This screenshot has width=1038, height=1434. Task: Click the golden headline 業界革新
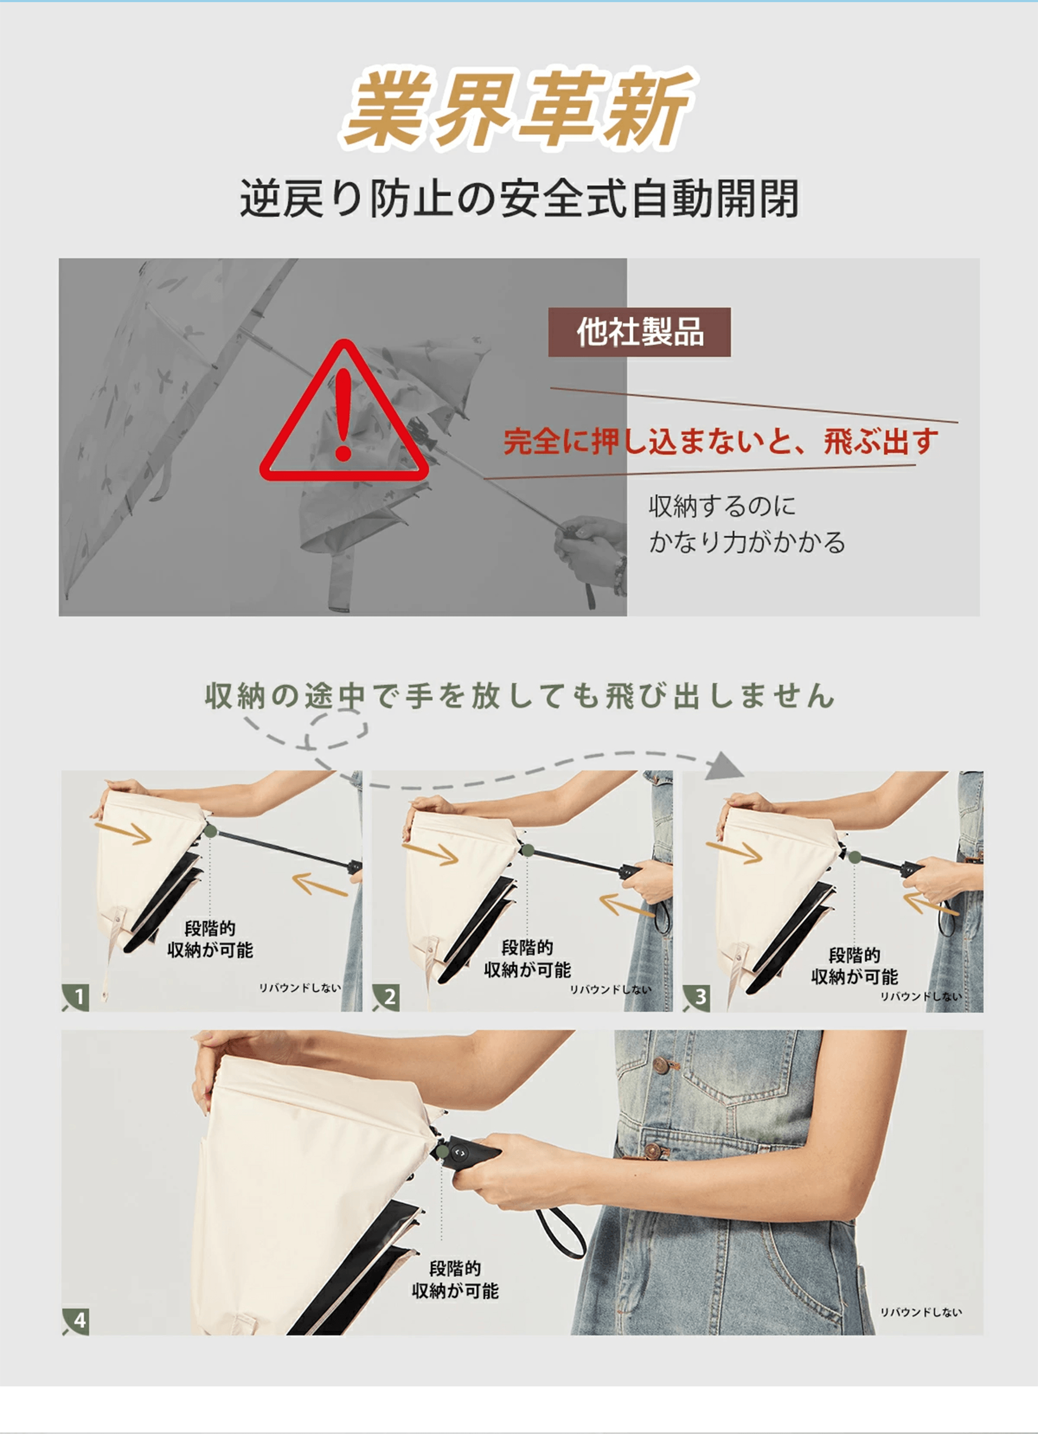coord(519,108)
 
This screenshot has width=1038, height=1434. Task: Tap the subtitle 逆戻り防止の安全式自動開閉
coord(519,198)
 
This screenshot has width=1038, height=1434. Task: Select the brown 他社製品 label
coord(639,332)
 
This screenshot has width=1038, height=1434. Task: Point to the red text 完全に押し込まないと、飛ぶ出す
coord(721,441)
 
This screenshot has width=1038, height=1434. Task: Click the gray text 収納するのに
coord(722,506)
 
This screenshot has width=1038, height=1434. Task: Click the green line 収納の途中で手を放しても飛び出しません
coord(519,695)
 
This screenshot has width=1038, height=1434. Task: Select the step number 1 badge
coord(76,997)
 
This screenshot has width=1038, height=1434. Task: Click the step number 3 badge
coord(697,997)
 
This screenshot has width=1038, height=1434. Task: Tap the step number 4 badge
coord(76,1321)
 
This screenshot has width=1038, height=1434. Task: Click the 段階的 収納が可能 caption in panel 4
coord(455,1280)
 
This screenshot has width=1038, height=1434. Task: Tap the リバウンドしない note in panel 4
coord(921,1312)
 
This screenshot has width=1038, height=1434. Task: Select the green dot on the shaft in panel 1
coord(210,831)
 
